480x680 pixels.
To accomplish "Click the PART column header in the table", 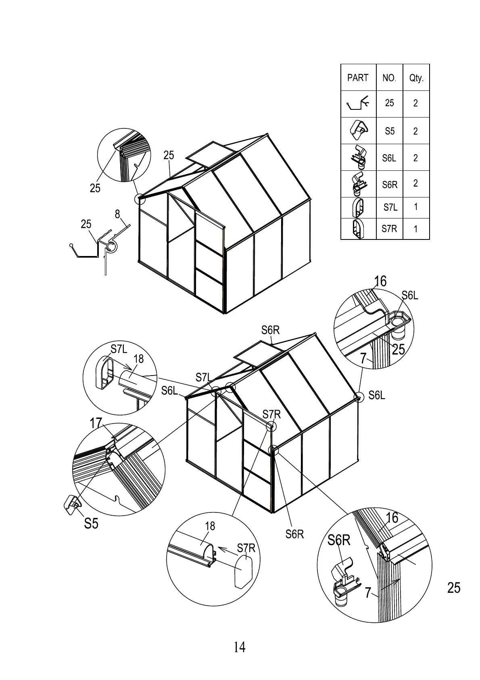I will click(x=358, y=78).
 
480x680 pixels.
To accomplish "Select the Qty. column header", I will click(x=416, y=78).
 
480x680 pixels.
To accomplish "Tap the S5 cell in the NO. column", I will click(x=390, y=131).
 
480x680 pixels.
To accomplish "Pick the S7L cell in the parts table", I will click(x=390, y=208).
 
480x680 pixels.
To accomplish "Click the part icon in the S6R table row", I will click(x=358, y=184).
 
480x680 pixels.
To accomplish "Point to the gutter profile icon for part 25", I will click(x=358, y=104).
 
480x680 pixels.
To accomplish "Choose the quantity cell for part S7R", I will click(x=416, y=229).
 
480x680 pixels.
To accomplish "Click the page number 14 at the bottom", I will click(x=240, y=647).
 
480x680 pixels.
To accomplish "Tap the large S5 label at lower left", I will click(x=91, y=523).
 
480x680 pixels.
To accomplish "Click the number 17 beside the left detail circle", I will click(x=96, y=423).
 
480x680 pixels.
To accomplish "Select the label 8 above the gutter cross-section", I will click(x=117, y=214).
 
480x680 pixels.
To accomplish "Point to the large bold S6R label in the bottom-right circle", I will click(x=339, y=540).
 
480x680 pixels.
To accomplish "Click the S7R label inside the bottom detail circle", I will click(x=246, y=548).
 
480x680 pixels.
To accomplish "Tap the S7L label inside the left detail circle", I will click(x=119, y=349).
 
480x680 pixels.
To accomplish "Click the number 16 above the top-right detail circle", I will click(x=380, y=281).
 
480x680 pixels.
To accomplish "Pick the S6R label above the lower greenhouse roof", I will click(x=270, y=330).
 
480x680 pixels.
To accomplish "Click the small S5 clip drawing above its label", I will click(x=72, y=503).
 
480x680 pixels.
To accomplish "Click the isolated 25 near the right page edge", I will click(x=454, y=588).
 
